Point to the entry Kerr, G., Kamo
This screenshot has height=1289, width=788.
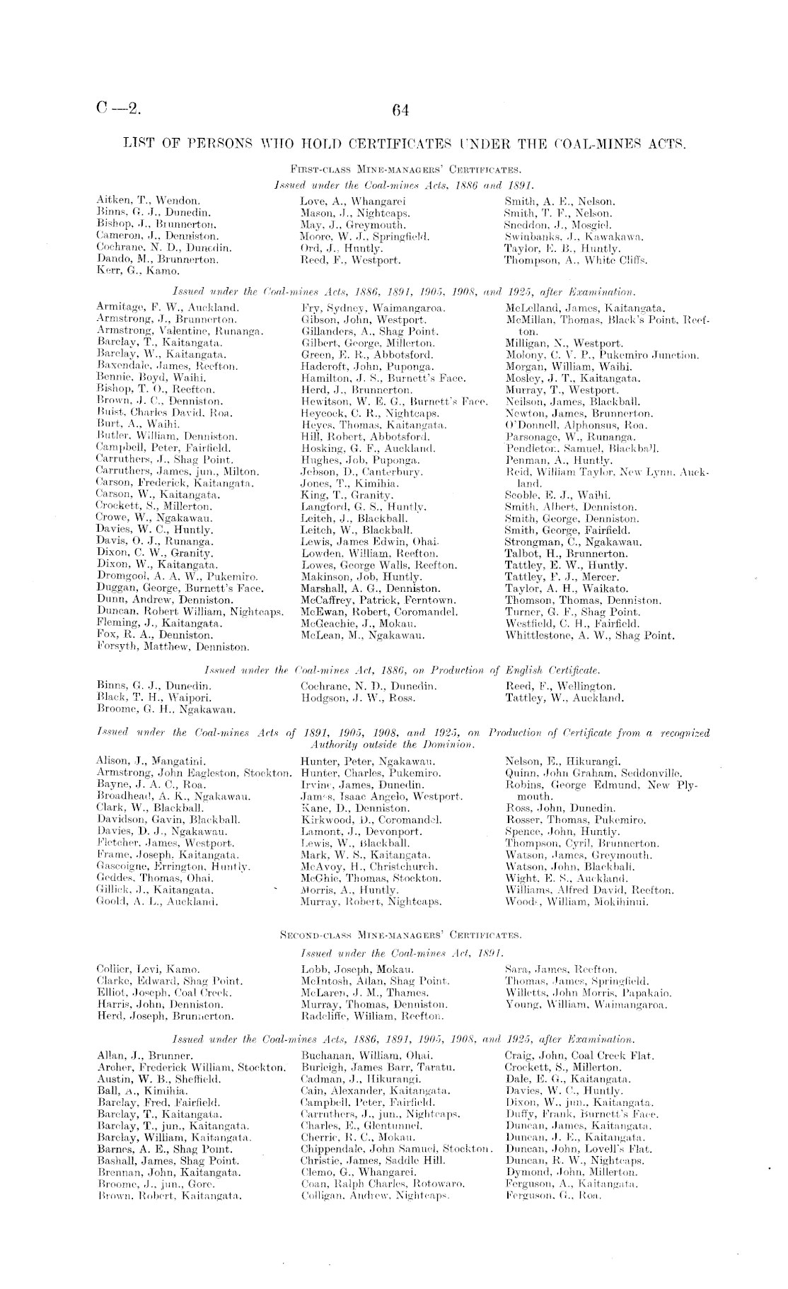133,271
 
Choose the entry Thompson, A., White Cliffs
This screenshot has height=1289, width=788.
576,259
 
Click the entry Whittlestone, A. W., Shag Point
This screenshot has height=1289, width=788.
590,636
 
